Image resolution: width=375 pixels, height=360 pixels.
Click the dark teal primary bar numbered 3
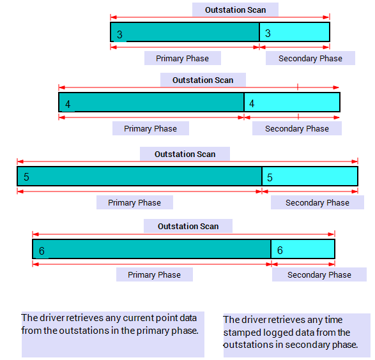pyautogui.click(x=185, y=32)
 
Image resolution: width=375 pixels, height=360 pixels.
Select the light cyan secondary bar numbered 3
pyautogui.click(x=295, y=32)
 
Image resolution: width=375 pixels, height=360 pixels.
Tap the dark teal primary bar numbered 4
pyautogui.click(x=151, y=102)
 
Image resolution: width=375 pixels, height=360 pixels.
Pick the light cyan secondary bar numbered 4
pyautogui.click(x=292, y=102)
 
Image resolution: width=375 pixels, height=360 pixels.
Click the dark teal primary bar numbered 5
pyautogui.click(x=140, y=176)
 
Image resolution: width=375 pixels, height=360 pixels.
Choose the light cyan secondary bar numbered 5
pyautogui.click(x=310, y=176)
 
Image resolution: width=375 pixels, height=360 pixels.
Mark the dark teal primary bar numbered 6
pyautogui.click(x=151, y=249)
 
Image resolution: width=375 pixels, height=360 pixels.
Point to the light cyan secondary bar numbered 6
pyautogui.click(x=303, y=249)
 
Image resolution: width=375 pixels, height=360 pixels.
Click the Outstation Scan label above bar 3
pyautogui.click(x=235, y=10)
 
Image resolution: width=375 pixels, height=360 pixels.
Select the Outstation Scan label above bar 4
pyautogui.click(x=203, y=80)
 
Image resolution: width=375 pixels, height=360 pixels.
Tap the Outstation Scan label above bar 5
pyautogui.click(x=185, y=154)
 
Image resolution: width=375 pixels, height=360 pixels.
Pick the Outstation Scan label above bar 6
pyautogui.click(x=188, y=226)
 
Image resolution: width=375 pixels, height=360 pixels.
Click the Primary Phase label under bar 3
pyautogui.click(x=182, y=59)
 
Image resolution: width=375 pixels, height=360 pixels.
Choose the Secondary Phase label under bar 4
pyautogui.click(x=297, y=129)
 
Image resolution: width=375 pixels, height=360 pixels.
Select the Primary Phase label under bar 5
pyautogui.click(x=134, y=203)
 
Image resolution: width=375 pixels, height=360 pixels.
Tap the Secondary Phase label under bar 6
pyautogui.click(x=319, y=275)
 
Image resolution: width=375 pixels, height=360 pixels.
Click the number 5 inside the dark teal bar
pyautogui.click(x=26, y=177)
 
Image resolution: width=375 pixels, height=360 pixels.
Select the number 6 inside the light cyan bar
pyautogui.click(x=280, y=250)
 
